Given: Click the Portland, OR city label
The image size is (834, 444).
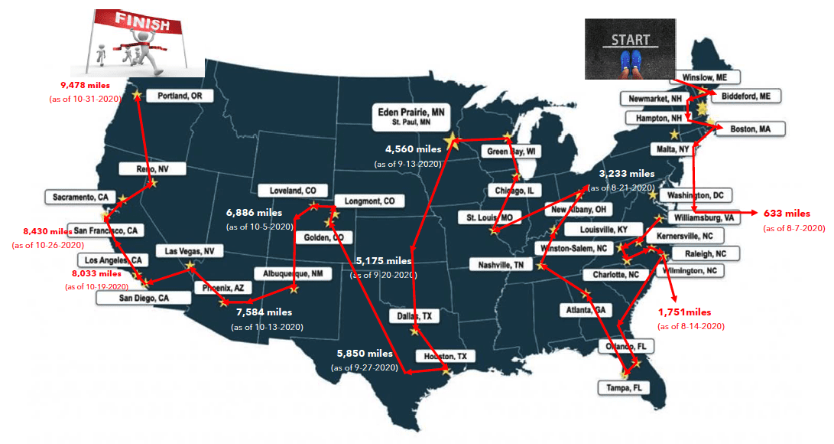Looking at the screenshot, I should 180,96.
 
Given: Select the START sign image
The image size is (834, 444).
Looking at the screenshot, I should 630,49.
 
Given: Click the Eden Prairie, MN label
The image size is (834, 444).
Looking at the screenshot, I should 409,116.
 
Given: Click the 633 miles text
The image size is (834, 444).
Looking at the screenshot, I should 787,213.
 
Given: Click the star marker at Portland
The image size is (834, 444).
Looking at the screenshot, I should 138,94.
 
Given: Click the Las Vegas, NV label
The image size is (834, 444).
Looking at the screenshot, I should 190,251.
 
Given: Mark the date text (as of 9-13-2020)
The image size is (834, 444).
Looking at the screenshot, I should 407,164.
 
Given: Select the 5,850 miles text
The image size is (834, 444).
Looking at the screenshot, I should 365,354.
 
